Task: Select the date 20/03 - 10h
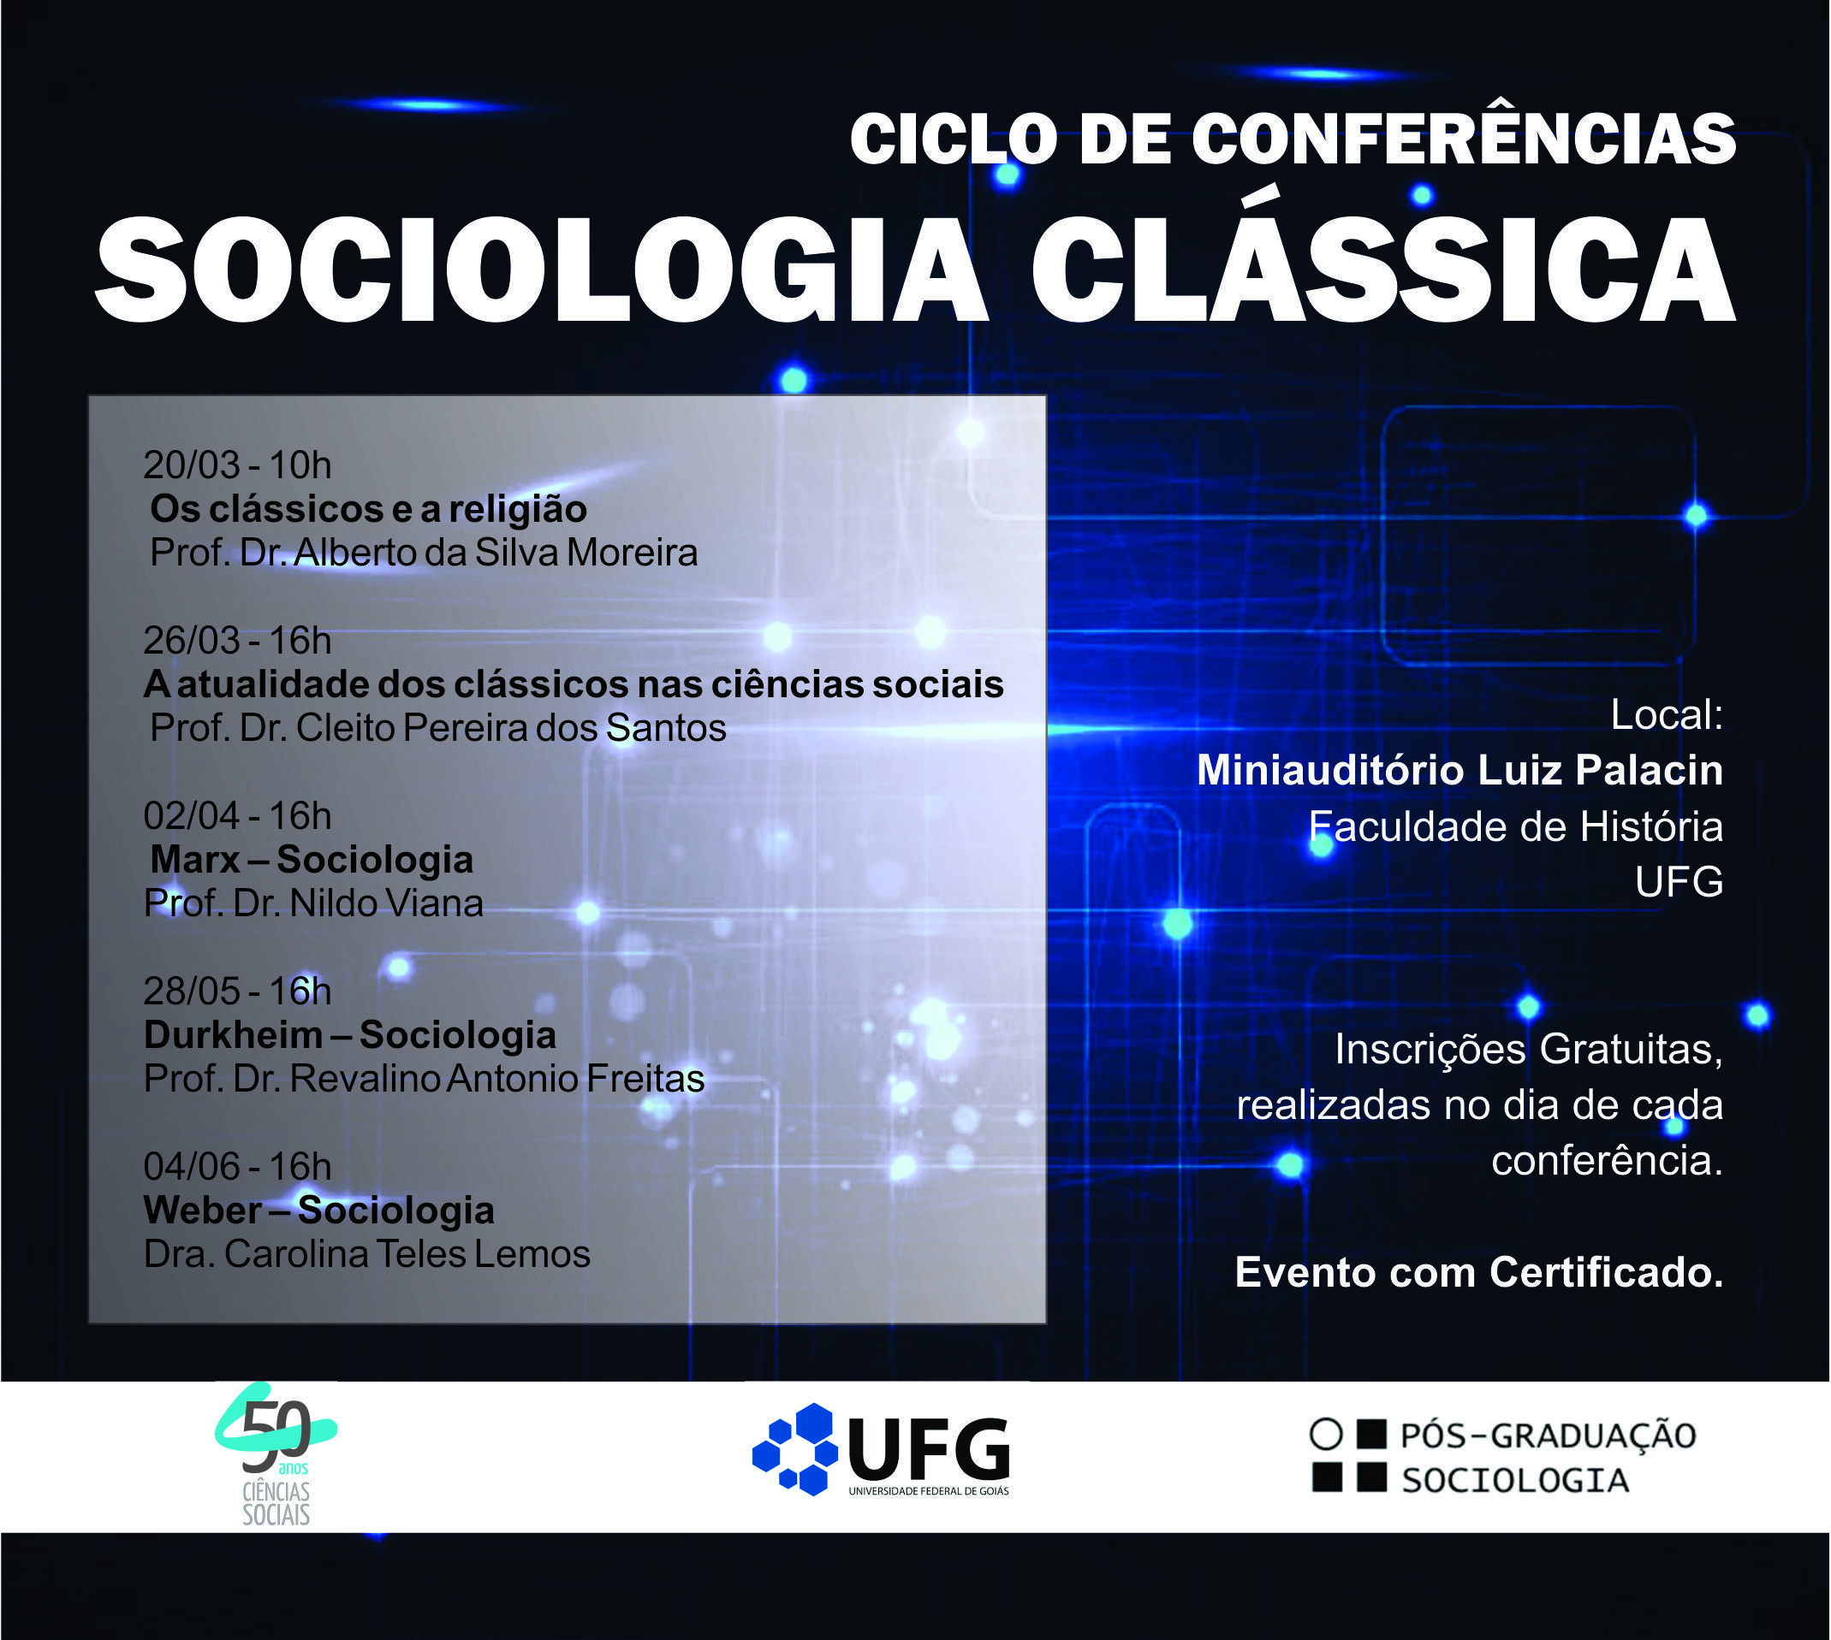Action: pos(237,465)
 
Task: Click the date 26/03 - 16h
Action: pos(237,641)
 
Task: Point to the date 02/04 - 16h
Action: pos(237,816)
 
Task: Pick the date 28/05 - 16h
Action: pos(237,992)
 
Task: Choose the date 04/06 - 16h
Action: pos(237,1167)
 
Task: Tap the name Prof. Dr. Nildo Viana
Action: pos(312,903)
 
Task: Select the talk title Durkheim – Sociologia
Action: pos(350,1035)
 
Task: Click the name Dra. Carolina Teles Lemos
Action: pos(366,1254)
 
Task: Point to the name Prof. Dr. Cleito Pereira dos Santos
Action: pos(437,728)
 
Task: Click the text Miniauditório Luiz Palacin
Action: pos(1459,771)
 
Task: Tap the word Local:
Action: pos(1667,715)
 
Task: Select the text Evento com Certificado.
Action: pos(1478,1272)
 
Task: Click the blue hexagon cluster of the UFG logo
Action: pos(795,1450)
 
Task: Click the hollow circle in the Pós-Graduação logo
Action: pos(1325,1434)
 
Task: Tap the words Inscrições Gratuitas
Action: pos(1529,1050)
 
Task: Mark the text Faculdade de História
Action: pos(1515,826)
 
